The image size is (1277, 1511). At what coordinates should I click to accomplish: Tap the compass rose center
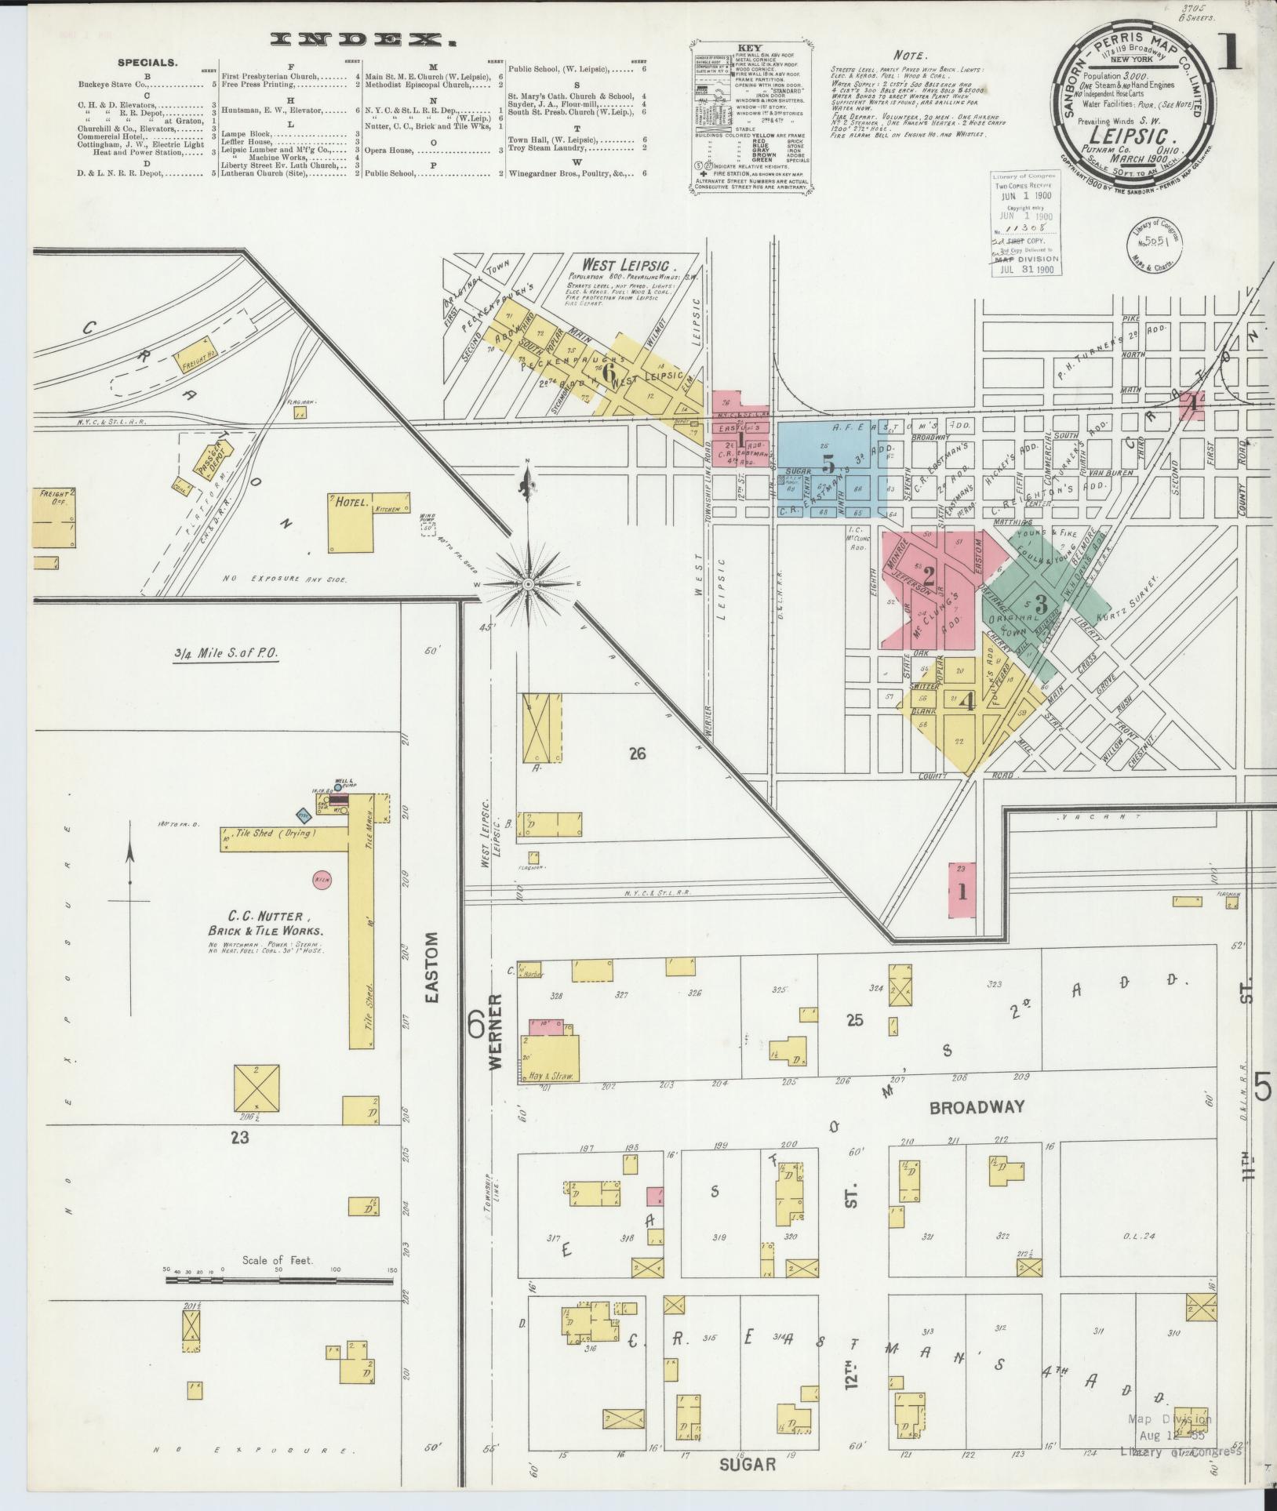pyautogui.click(x=529, y=584)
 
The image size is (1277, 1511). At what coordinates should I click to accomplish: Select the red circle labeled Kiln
pyautogui.click(x=321, y=880)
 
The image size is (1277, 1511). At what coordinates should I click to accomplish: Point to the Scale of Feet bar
pyautogui.click(x=279, y=1281)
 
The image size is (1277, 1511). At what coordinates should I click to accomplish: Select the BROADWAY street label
pyautogui.click(x=977, y=1107)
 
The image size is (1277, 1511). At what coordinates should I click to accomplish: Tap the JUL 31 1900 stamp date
pyautogui.click(x=1028, y=269)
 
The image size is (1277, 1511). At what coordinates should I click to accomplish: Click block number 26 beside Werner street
pyautogui.click(x=636, y=754)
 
